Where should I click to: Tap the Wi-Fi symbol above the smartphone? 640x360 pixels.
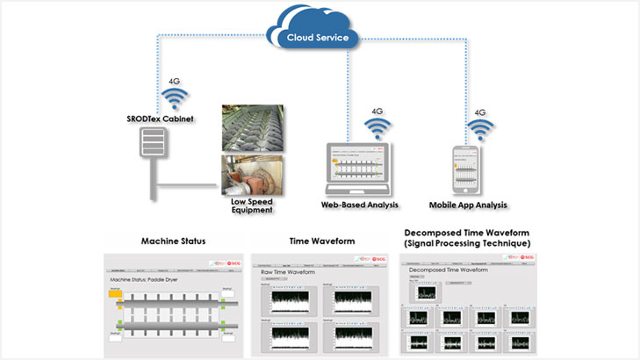pos(480,132)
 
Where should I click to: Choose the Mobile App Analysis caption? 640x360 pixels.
pos(469,205)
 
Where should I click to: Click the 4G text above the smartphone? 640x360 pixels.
pos(480,112)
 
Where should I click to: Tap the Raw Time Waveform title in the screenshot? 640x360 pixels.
pos(287,273)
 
